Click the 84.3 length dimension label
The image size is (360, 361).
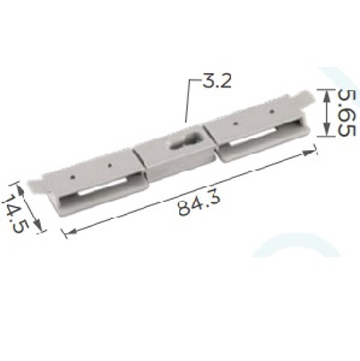coord(200,203)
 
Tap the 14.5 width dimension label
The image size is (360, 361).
coord(15,213)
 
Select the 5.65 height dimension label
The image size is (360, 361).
coord(346,113)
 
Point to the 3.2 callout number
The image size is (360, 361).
coord(216,80)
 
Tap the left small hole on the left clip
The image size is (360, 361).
coord(73,176)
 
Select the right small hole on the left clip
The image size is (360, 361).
coord(109,165)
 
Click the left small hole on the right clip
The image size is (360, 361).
coord(236,124)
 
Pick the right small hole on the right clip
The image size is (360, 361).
coord(272,111)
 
